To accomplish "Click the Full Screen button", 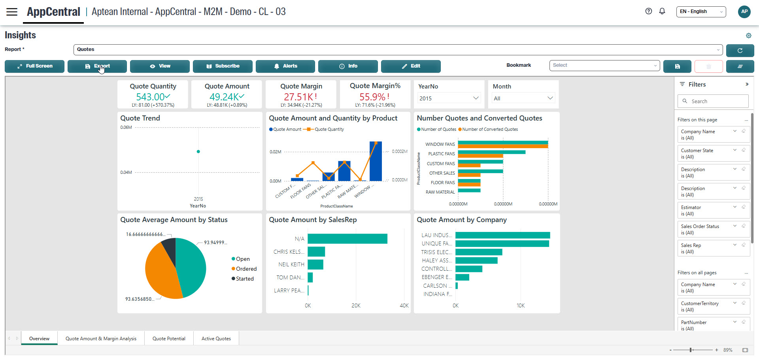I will click(x=34, y=66).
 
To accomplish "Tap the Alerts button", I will click(x=285, y=66).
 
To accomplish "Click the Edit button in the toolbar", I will click(x=411, y=66).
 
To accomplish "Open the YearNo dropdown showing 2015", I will click(x=449, y=98).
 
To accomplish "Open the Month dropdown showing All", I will click(x=523, y=98).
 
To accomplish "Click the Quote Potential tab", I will click(x=169, y=339).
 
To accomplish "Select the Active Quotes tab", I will click(x=216, y=339).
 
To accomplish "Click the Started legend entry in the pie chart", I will click(x=244, y=279).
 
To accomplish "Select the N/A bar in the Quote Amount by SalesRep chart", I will click(x=347, y=239).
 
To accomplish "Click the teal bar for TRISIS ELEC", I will click(x=478, y=252).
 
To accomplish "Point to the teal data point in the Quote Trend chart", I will click(x=198, y=151).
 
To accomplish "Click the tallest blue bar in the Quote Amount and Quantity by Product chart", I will click(x=376, y=161).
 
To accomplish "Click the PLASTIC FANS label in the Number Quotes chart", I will click(x=441, y=154).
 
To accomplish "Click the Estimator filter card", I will click(x=708, y=210).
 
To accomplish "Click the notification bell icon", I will click(x=662, y=11).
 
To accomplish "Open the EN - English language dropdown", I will click(x=701, y=11).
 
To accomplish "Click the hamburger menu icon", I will click(x=12, y=11).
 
